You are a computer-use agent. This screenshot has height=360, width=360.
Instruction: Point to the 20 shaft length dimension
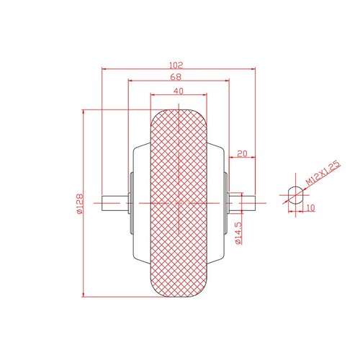point(242,153)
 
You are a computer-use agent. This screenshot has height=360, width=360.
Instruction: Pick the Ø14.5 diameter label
point(238,235)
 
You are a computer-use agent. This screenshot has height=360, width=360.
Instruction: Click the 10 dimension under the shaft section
point(310,207)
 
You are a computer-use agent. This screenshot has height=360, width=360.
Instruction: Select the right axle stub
point(243,203)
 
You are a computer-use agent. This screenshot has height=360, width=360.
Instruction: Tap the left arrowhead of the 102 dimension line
point(104,69)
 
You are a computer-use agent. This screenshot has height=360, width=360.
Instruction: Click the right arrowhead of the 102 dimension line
point(254,69)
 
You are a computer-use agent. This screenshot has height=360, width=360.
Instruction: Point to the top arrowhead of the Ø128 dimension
point(84,112)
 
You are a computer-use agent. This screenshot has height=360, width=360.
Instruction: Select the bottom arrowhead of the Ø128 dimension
point(84,294)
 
